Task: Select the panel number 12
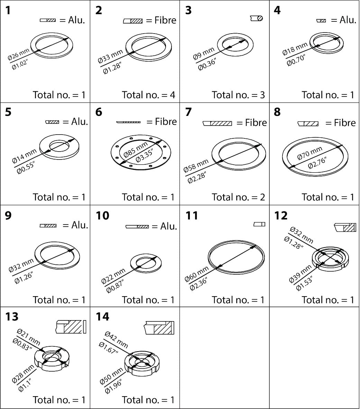click(281, 216)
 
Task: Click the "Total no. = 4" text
click(148, 95)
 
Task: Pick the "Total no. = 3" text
click(238, 95)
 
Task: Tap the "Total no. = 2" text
click(238, 197)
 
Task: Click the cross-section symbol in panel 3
click(257, 18)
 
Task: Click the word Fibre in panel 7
click(256, 123)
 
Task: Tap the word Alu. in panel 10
click(169, 226)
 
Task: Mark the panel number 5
click(8, 112)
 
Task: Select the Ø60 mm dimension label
click(196, 273)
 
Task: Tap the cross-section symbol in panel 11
click(259, 224)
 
